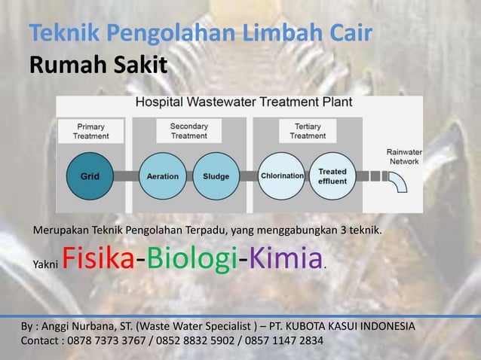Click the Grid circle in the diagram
point(90,176)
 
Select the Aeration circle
point(163,176)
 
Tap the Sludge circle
point(216,176)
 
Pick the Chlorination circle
point(282,176)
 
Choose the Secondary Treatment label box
point(188,131)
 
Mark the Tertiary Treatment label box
point(308,131)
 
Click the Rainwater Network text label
point(404,156)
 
